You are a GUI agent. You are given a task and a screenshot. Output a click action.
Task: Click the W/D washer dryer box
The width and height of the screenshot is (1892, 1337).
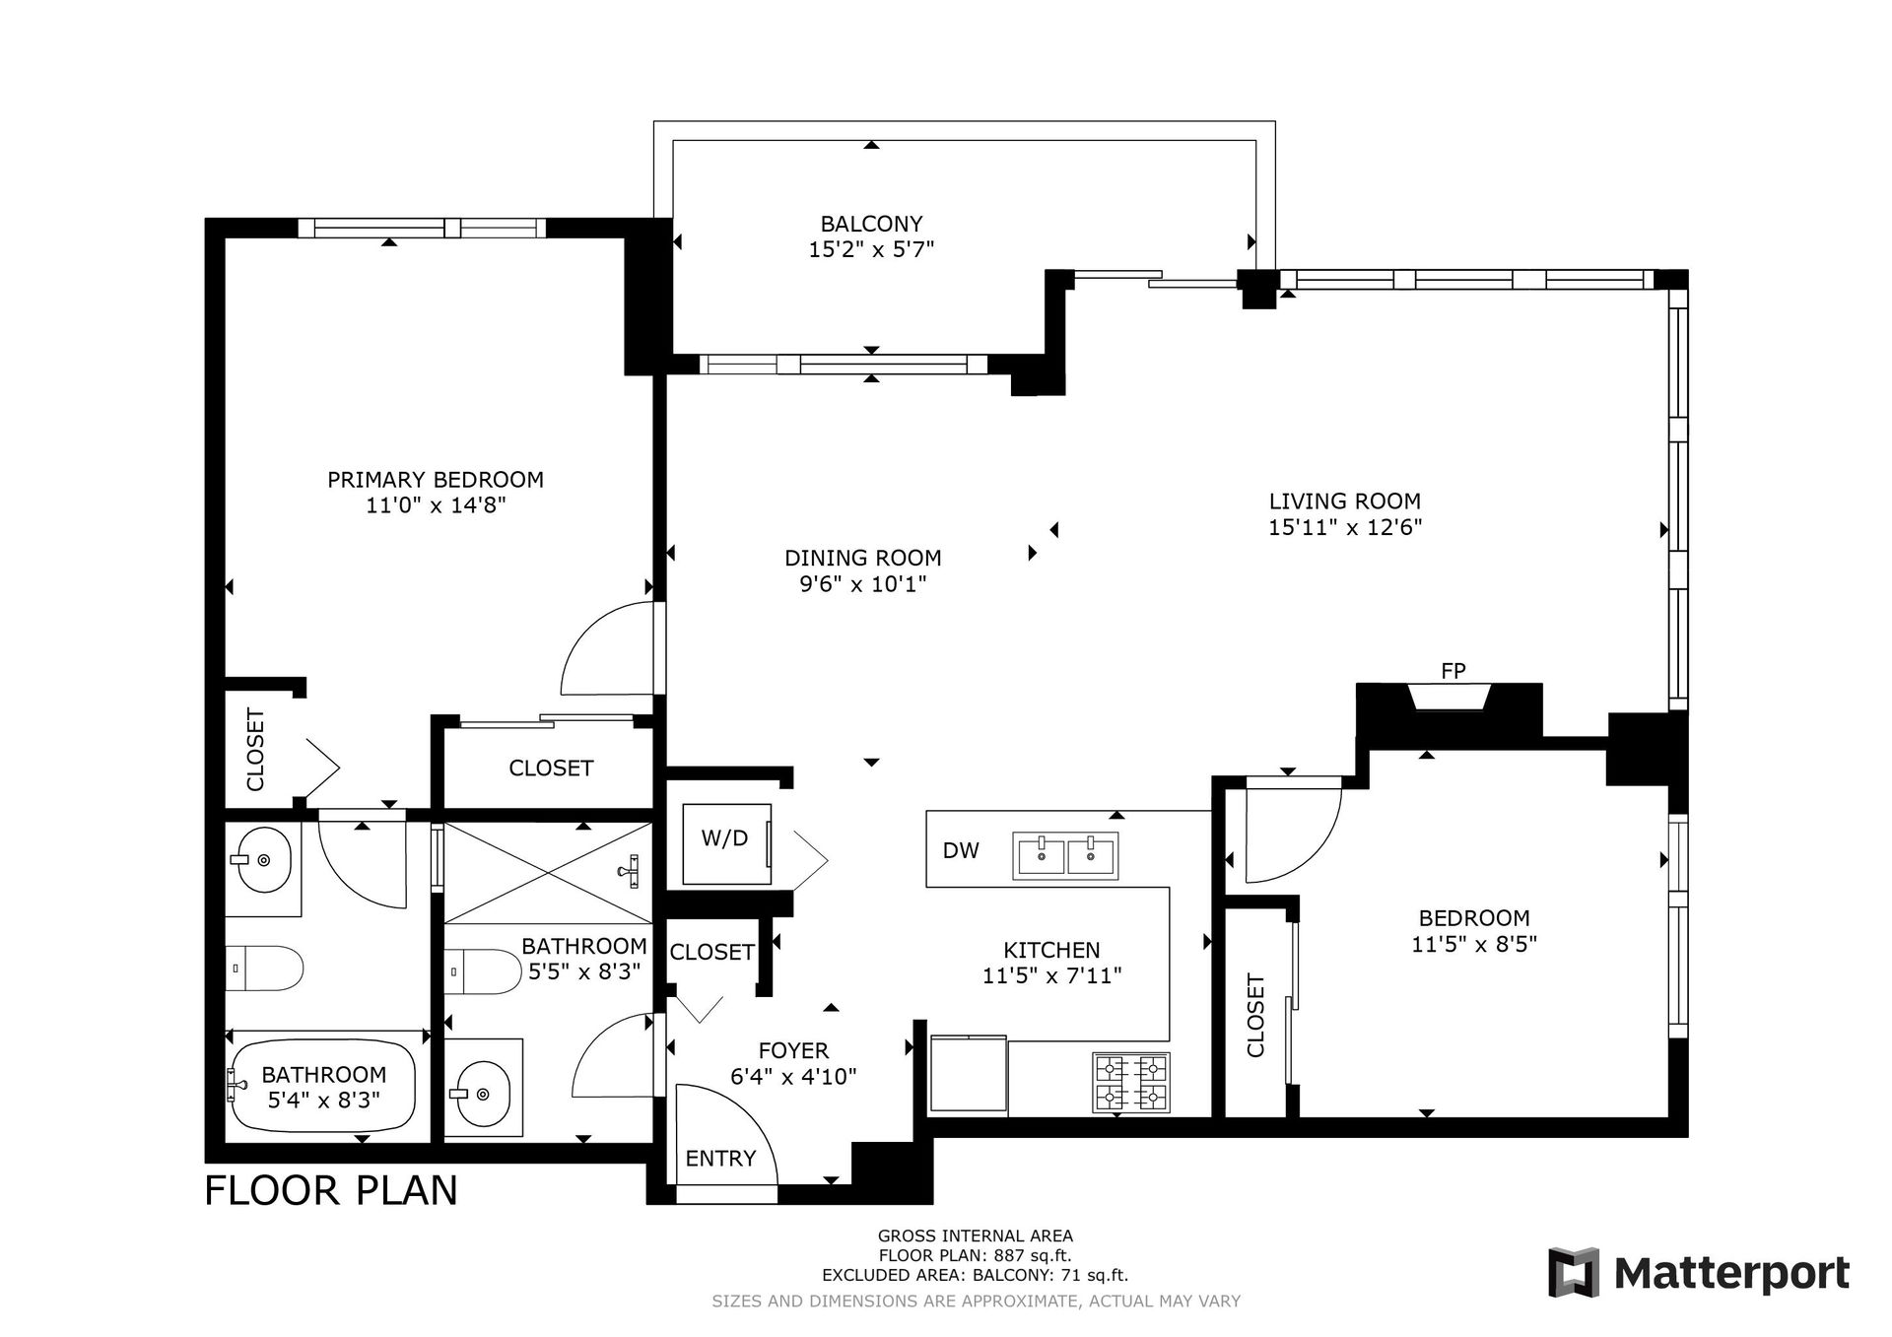point(727,843)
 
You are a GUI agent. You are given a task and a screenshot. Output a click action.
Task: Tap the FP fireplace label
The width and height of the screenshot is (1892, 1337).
point(1453,671)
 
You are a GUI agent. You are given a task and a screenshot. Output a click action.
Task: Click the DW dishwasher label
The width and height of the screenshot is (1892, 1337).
point(961,850)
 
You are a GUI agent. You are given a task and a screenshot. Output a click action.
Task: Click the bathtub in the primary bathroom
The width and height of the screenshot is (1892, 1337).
point(324,1085)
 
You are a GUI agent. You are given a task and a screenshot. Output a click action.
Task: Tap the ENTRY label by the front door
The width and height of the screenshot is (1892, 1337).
point(720,1159)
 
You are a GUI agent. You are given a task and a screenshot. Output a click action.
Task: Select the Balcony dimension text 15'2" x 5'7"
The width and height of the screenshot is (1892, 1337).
point(871,250)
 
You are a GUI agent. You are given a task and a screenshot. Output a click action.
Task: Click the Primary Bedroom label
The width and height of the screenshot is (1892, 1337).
point(436,480)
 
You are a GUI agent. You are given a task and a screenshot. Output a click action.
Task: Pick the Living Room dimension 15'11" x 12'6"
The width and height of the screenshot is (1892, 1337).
point(1345,527)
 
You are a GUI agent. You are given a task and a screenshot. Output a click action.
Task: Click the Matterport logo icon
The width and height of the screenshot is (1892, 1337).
point(1575,1272)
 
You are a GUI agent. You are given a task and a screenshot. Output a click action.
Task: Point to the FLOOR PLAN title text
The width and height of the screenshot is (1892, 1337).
point(331,1190)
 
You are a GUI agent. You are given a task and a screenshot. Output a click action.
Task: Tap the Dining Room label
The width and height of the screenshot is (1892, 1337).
point(863,559)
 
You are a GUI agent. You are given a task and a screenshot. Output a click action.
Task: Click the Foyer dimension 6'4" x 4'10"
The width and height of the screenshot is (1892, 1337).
point(793,1077)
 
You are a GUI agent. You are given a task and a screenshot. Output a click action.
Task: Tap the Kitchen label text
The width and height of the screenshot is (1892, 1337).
point(1051,951)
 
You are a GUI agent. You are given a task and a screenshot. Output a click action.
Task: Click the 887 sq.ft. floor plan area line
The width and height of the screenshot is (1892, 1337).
point(975,1255)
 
